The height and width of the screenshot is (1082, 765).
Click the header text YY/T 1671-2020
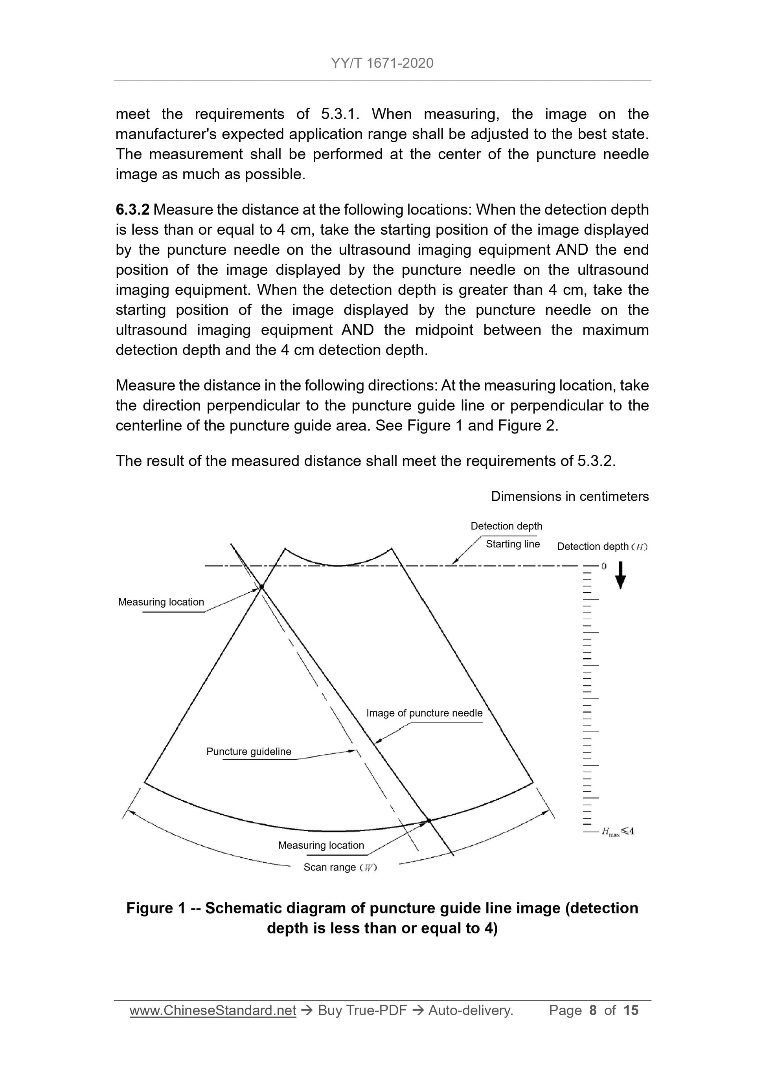click(382, 63)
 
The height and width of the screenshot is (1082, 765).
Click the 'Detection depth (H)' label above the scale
click(602, 547)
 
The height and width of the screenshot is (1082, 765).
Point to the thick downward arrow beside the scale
click(621, 575)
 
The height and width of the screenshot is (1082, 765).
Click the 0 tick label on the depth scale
click(604, 566)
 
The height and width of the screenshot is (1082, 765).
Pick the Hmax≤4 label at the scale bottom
click(618, 831)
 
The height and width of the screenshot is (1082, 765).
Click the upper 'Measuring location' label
click(161, 602)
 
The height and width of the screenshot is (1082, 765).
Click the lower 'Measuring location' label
click(321, 845)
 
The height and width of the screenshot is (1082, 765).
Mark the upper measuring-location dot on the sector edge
click(261, 587)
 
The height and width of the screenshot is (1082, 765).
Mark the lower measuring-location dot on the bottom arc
click(429, 821)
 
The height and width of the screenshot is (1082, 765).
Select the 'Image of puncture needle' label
click(424, 713)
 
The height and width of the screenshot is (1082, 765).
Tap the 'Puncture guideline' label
click(248, 751)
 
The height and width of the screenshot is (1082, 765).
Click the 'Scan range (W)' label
click(340, 867)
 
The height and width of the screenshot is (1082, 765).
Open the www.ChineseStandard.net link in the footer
click(213, 1010)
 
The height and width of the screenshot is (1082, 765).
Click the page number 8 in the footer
click(592, 1010)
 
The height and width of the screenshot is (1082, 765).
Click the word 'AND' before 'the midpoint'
click(357, 330)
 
